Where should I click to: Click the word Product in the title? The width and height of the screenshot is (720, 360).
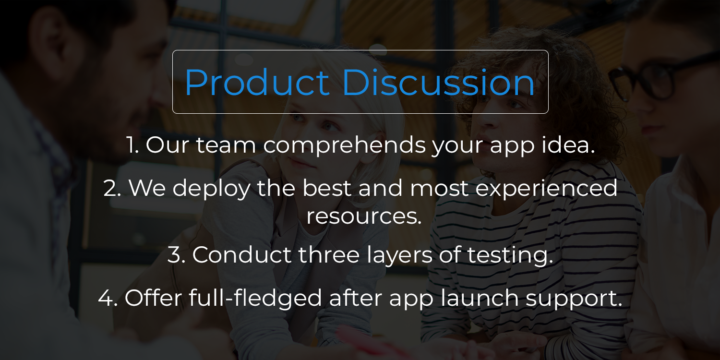click(256, 83)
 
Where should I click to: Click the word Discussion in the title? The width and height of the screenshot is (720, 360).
click(438, 83)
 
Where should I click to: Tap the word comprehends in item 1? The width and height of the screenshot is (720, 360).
click(344, 145)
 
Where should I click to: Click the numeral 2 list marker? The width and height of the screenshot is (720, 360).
click(112, 188)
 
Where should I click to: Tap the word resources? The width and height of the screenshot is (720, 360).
click(364, 216)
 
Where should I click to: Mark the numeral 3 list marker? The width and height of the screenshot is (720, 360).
click(176, 255)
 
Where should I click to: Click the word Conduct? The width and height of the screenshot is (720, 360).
click(242, 255)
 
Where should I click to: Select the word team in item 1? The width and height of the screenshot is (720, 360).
click(226, 145)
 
